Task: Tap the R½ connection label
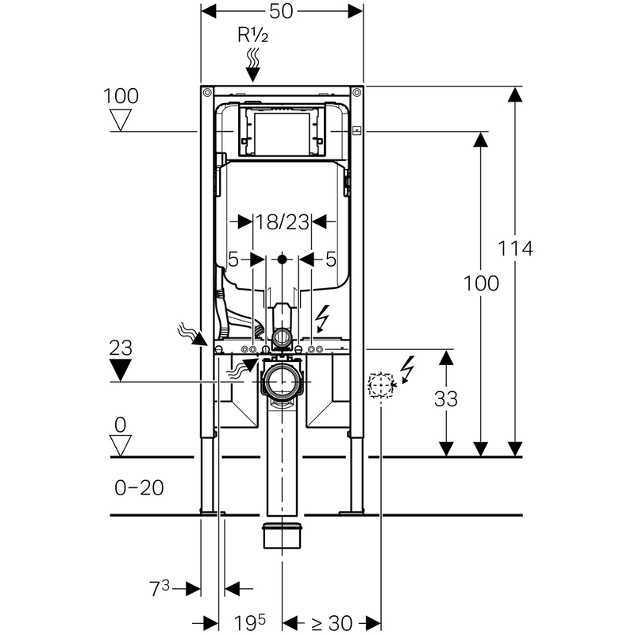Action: (x=252, y=35)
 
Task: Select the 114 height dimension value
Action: (x=516, y=248)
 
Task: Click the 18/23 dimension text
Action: (x=282, y=222)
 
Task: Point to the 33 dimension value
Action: (x=447, y=399)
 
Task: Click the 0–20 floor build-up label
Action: (x=139, y=487)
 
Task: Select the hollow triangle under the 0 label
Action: (x=121, y=445)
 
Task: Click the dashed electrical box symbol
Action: (x=381, y=386)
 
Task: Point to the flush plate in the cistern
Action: (x=282, y=129)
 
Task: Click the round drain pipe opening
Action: (x=282, y=382)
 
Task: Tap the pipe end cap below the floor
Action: (x=282, y=536)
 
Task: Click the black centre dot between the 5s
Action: (x=282, y=259)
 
